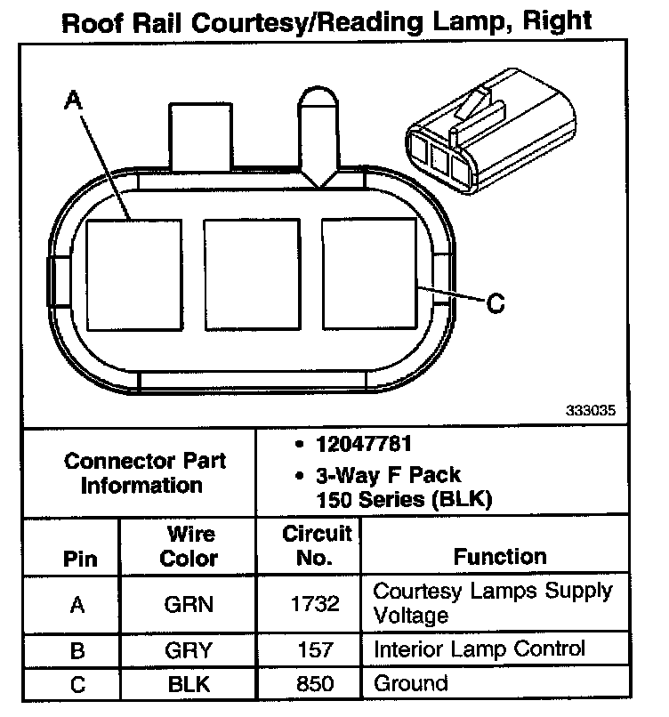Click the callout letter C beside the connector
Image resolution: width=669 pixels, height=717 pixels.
(496, 304)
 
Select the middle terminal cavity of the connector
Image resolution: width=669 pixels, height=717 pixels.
(251, 273)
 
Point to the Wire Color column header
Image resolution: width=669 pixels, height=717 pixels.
(190, 546)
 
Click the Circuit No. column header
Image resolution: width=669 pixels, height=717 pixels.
(317, 546)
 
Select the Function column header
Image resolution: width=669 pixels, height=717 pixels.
(500, 557)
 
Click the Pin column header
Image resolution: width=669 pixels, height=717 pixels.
(77, 560)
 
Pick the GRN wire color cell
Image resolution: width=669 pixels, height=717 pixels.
(189, 604)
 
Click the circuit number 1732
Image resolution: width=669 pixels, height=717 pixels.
(315, 604)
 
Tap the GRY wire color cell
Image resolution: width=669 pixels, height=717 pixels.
(189, 649)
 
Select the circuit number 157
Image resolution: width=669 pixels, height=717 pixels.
(315, 649)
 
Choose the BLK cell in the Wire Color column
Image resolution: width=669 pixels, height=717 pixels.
(189, 684)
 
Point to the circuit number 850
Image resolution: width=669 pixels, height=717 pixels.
(315, 684)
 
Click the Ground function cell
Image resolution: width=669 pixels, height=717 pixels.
(410, 683)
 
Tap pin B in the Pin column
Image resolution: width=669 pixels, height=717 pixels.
(77, 650)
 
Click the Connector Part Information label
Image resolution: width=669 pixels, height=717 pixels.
(145, 473)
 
